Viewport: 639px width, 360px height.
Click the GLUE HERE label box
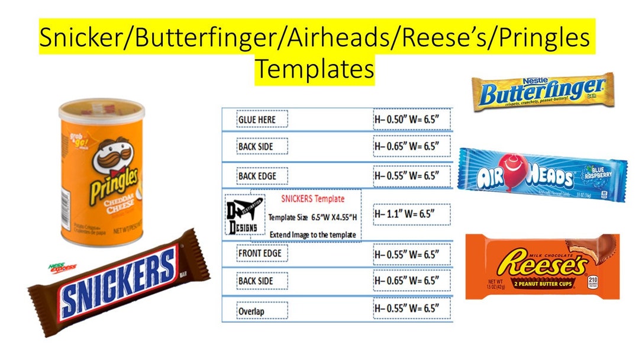(x=262, y=119)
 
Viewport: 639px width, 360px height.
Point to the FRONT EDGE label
(x=263, y=253)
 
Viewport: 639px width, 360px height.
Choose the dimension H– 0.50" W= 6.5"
(x=411, y=119)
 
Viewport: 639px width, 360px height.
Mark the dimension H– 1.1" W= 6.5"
(x=411, y=213)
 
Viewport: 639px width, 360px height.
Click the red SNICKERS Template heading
(x=312, y=198)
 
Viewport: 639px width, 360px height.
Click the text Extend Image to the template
(x=312, y=234)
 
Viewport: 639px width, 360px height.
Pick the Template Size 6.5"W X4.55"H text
(x=312, y=217)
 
